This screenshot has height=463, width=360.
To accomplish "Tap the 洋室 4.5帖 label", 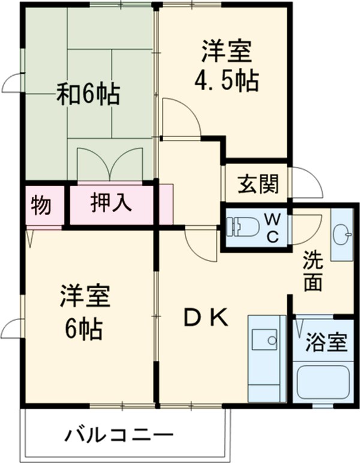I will [x=226, y=65].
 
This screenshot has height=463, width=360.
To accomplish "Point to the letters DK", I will [x=205, y=318].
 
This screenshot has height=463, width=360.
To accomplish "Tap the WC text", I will [x=271, y=226].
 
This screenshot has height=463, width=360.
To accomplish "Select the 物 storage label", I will [x=41, y=205].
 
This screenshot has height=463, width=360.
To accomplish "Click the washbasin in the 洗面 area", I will [x=342, y=234].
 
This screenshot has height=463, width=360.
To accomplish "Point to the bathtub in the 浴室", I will [x=323, y=383].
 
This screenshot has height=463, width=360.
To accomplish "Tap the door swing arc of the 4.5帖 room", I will [x=181, y=117].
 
